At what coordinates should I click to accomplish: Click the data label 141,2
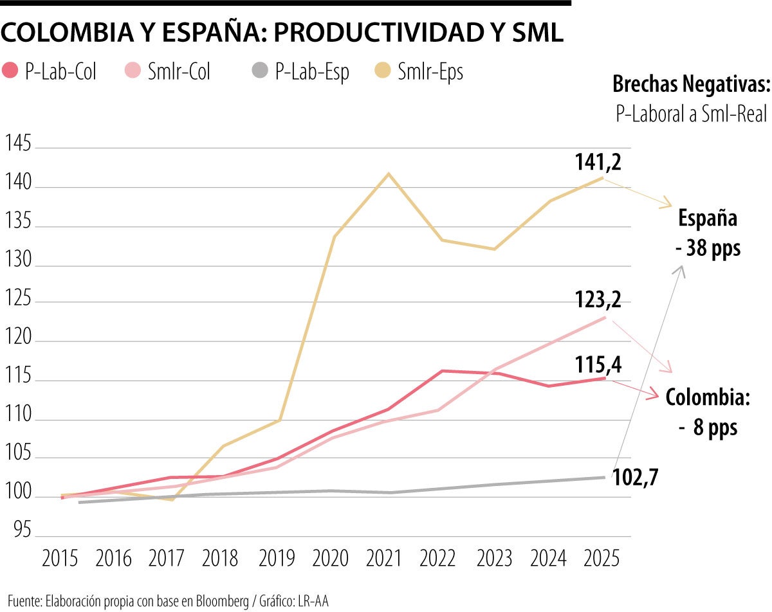598,164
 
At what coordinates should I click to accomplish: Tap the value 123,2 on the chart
598,300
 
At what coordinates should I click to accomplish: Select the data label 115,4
598,365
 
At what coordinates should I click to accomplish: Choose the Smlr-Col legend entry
168,71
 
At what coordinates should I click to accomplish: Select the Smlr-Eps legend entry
419,71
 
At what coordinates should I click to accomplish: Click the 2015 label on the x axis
60,559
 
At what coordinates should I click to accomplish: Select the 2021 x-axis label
388,559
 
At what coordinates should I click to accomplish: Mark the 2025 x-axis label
602,559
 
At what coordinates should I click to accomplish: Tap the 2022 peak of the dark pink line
442,371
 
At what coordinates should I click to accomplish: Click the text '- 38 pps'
708,248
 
